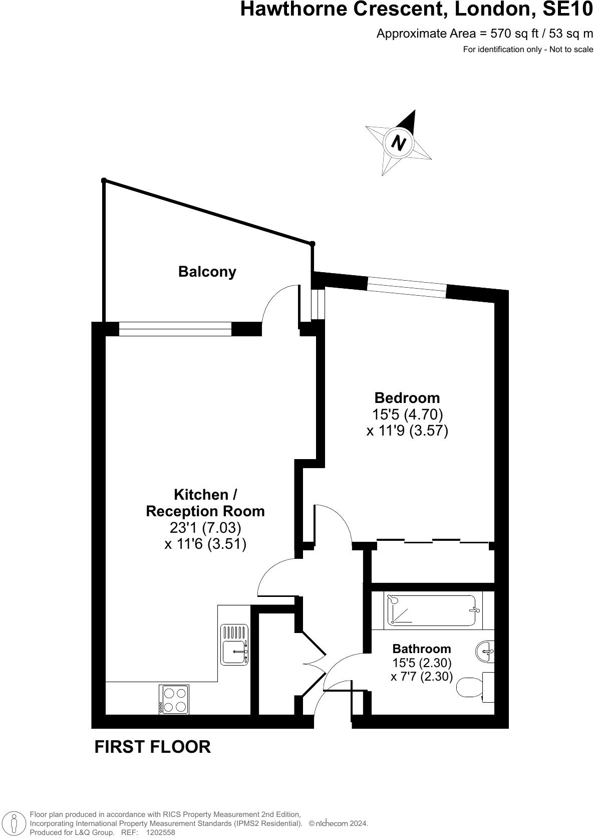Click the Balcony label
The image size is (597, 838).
[207, 272]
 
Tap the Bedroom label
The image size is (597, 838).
[407, 398]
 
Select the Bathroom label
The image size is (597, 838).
[422, 649]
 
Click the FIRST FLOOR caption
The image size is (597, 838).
[153, 747]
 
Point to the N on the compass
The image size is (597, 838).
[399, 143]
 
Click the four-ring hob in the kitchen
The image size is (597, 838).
[174, 700]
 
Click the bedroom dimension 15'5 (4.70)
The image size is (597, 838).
[407, 414]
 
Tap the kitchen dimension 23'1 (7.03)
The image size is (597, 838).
[205, 527]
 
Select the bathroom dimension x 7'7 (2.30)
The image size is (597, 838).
[422, 677]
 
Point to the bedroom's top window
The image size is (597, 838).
[407, 287]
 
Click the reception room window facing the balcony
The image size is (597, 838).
[175, 329]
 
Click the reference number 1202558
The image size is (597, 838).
[160, 832]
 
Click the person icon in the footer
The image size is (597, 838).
[15, 823]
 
